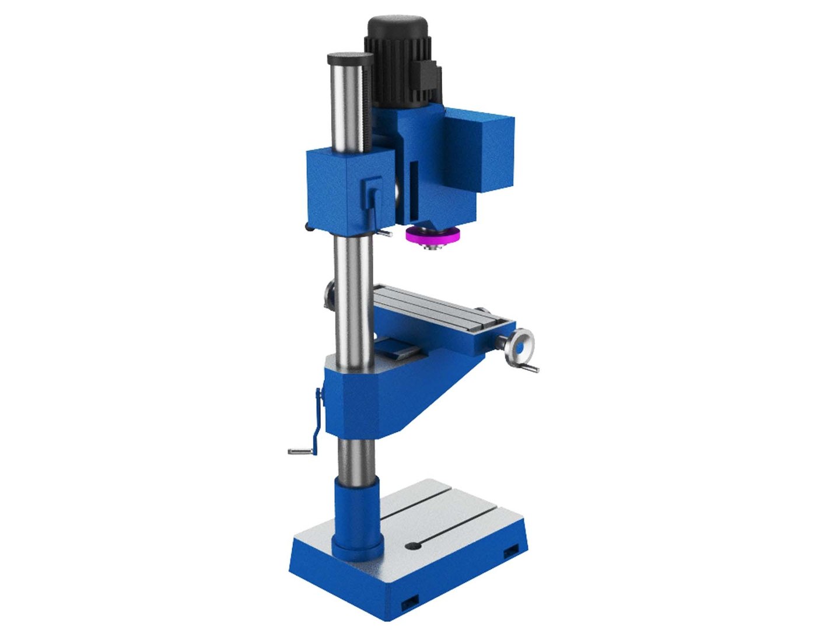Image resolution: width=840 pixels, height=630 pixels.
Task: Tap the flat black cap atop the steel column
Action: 350,58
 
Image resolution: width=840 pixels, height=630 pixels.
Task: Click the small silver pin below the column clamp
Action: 383,233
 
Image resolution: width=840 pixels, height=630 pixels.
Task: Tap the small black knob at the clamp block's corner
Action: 309,227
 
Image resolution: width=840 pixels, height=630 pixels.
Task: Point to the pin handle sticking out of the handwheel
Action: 530,368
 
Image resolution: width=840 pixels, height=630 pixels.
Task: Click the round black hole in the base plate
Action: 413,546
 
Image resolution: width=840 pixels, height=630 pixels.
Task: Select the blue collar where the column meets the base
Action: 356,516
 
